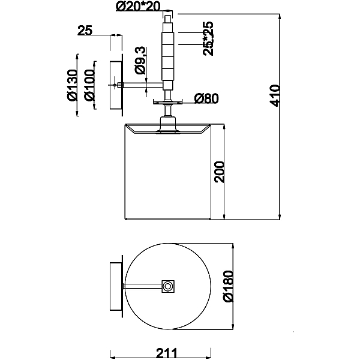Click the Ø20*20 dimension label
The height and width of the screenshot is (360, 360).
[x=138, y=7]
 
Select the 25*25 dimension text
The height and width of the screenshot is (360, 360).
[x=208, y=38]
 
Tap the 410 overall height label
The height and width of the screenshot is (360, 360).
[x=275, y=96]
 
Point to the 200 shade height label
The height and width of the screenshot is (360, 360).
[x=219, y=172]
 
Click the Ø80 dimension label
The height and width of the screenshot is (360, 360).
[x=206, y=98]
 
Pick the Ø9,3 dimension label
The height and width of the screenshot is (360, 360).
[x=140, y=60]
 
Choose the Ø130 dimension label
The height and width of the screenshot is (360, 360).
[x=72, y=85]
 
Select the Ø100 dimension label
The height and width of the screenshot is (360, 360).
[x=89, y=85]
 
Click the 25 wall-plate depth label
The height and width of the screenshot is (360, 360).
[x=85, y=31]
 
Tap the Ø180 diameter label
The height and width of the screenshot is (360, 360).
[x=228, y=286]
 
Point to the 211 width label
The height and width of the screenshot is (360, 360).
[x=167, y=353]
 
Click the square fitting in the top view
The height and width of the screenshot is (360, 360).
[x=168, y=286]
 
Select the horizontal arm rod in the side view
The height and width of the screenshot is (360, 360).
[x=140, y=85]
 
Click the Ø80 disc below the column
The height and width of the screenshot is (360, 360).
[x=168, y=102]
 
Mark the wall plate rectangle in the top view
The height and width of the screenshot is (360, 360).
[x=116, y=286]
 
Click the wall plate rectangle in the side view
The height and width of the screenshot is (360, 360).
[x=116, y=85]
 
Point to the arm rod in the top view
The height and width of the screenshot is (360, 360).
[x=143, y=286]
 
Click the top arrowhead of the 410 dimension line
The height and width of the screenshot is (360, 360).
[x=280, y=17]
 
